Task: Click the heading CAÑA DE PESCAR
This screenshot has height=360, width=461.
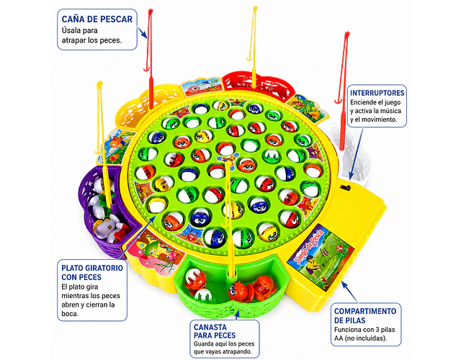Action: click(x=97, y=19)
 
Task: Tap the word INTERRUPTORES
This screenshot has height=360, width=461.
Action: click(x=377, y=93)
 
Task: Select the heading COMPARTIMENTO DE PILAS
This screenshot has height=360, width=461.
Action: click(x=365, y=315)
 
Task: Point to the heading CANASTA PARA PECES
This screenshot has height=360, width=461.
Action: click(x=215, y=331)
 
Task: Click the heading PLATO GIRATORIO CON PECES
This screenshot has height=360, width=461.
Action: click(x=92, y=272)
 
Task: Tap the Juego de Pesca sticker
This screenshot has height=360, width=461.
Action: click(x=321, y=257)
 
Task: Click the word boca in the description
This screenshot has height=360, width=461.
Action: click(x=70, y=314)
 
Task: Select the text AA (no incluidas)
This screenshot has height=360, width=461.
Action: click(x=360, y=338)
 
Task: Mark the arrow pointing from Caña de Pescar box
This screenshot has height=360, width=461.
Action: click(x=143, y=32)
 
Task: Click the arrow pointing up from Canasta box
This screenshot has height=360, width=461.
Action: click(x=237, y=315)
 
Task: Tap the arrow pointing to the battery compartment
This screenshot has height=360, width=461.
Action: click(x=349, y=292)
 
